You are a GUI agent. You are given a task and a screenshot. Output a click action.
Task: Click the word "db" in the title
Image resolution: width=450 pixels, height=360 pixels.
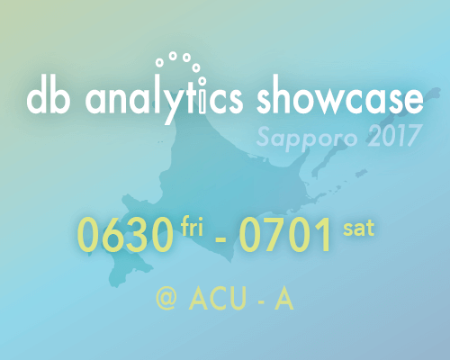point(49,96)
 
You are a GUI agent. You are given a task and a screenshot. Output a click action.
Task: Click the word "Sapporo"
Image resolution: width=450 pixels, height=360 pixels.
point(307,138)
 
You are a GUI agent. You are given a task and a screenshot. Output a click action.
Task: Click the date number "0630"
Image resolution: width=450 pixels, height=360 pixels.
point(125,234)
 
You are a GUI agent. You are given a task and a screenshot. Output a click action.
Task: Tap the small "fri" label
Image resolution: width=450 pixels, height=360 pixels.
point(192,226)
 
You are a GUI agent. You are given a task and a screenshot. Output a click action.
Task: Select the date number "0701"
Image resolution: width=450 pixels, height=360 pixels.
point(285,234)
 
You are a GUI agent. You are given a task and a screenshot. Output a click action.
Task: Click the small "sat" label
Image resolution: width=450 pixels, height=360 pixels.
point(359,229)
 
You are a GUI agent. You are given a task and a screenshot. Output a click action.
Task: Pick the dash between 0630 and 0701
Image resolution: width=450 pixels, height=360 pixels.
point(221,239)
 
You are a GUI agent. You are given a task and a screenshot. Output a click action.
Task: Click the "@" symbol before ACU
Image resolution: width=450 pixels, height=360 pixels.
point(166,298)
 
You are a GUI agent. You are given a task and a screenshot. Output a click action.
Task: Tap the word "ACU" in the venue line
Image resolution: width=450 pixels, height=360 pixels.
point(218,298)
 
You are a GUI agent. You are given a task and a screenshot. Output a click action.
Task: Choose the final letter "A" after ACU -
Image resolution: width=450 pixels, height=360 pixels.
point(283,298)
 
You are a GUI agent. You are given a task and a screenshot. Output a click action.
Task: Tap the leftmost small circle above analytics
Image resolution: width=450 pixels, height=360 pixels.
point(159,63)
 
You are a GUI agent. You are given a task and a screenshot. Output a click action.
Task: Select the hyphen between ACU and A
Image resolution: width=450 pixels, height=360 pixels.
point(261,301)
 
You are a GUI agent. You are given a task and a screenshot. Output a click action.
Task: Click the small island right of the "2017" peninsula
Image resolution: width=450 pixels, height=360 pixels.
point(361,173)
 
